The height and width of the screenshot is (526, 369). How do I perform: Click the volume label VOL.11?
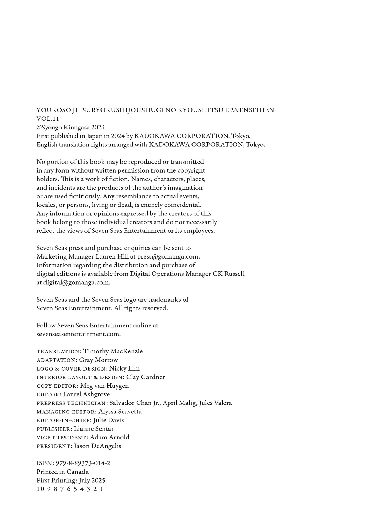pos(48,119)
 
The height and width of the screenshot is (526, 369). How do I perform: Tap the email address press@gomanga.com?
pos(168,257)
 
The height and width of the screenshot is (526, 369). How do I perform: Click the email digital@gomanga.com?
pos(77,282)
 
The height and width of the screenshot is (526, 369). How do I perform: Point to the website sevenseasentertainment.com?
pos(78,334)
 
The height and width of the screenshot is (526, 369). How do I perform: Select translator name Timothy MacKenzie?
pos(113,351)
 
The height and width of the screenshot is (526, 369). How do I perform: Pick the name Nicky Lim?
pos(124,369)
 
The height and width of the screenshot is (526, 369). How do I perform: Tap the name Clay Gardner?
pos(145,377)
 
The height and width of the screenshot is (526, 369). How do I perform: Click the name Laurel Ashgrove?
pos(86,394)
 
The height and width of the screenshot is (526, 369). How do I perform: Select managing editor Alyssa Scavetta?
pos(120,412)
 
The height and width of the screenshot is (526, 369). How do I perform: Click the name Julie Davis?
pos(108,420)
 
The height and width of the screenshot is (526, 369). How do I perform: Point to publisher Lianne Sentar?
pos(94,429)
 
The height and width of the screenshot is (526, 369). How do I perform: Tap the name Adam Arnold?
pos(109,437)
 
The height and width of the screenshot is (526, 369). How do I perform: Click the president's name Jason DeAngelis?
pos(97,446)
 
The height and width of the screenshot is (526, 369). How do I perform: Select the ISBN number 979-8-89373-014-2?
pos(83,463)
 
